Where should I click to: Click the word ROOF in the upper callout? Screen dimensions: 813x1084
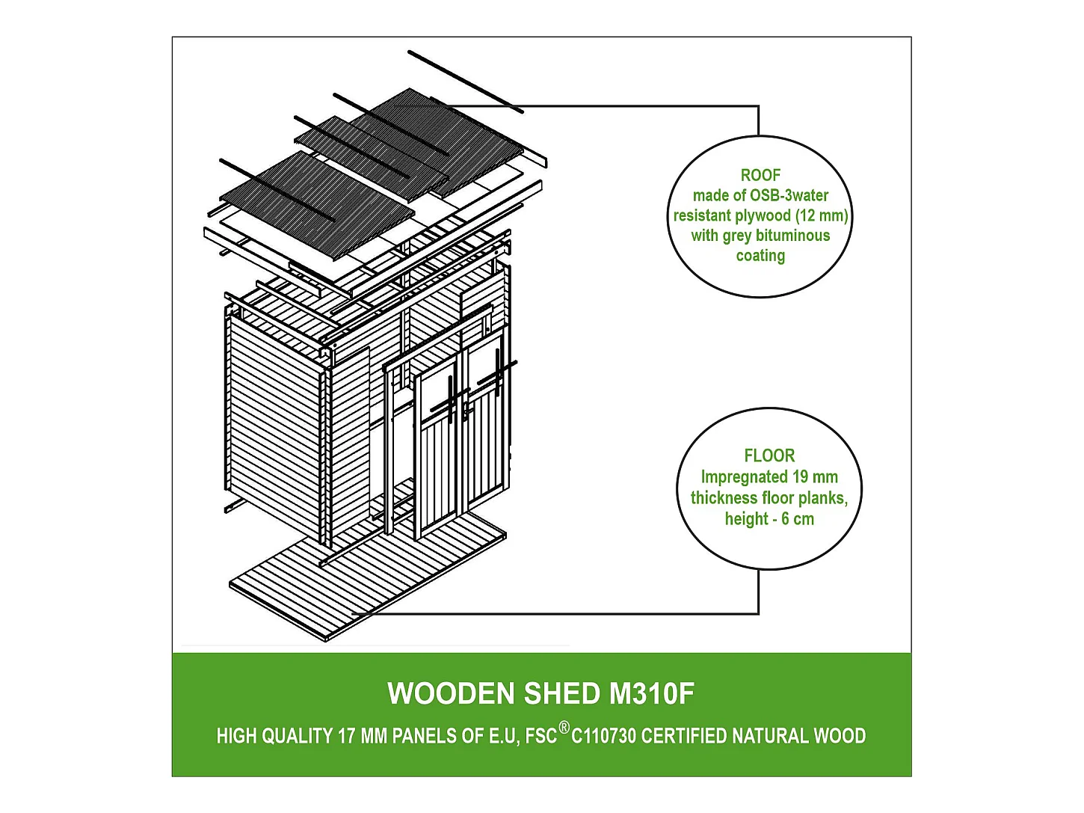[760, 175]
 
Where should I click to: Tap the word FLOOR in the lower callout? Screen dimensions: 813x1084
[769, 455]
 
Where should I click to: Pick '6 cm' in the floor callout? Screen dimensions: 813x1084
[798, 519]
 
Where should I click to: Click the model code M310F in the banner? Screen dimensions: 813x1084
[652, 694]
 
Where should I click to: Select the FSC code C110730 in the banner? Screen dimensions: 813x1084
[604, 737]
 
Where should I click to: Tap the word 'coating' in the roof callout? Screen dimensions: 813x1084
[760, 256]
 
